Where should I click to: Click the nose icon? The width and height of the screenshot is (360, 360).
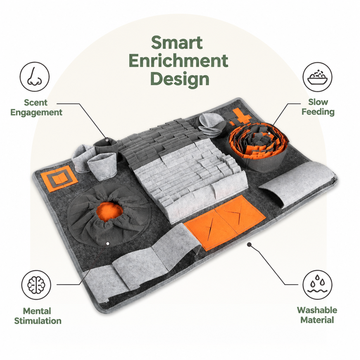pyautogui.click(x=34, y=76)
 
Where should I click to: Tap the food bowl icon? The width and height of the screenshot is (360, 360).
pyautogui.click(x=317, y=77)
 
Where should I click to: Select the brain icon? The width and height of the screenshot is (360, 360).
pyautogui.click(x=36, y=285)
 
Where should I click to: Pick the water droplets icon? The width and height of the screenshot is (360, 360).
pyautogui.click(x=317, y=285)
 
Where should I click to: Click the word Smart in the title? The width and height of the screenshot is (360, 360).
pyautogui.click(x=177, y=43)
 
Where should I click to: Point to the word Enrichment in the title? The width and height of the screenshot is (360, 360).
pyautogui.click(x=178, y=60)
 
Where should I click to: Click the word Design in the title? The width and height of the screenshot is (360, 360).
pyautogui.click(x=180, y=79)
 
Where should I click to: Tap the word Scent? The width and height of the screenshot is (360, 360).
pyautogui.click(x=36, y=102)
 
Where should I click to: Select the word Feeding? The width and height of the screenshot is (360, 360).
pyautogui.click(x=318, y=112)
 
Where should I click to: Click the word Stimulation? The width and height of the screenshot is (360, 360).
pyautogui.click(x=38, y=321)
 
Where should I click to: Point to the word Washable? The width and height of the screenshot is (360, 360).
pyautogui.click(x=317, y=310)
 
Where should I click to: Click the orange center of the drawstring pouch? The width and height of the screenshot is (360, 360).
pyautogui.click(x=109, y=212)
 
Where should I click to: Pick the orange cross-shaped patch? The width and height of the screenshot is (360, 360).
pyautogui.click(x=239, y=117)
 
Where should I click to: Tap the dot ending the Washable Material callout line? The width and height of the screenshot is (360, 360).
pyautogui.click(x=249, y=245)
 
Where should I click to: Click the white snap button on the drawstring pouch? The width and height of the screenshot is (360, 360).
pyautogui.click(x=108, y=244)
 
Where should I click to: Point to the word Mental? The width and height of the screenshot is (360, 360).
pyautogui.click(x=37, y=311)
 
